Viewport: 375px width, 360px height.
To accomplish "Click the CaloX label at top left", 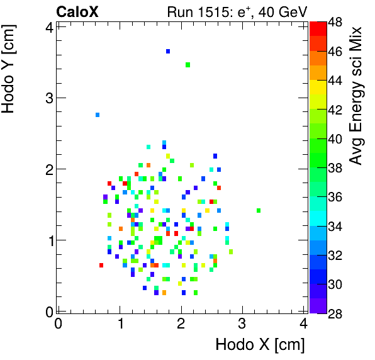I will coord(78,11).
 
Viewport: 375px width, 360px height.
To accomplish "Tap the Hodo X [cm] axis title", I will coord(260,345).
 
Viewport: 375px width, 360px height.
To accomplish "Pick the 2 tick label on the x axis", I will coord(181,323).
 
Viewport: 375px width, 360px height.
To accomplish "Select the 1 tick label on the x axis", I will coord(120,323).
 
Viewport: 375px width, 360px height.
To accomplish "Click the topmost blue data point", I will coord(168,51).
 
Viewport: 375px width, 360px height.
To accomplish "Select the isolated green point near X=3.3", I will coord(259,210).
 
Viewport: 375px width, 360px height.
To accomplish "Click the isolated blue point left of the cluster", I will coord(98,115).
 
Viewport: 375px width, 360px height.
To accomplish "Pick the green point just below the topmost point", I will coord(187,64).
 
